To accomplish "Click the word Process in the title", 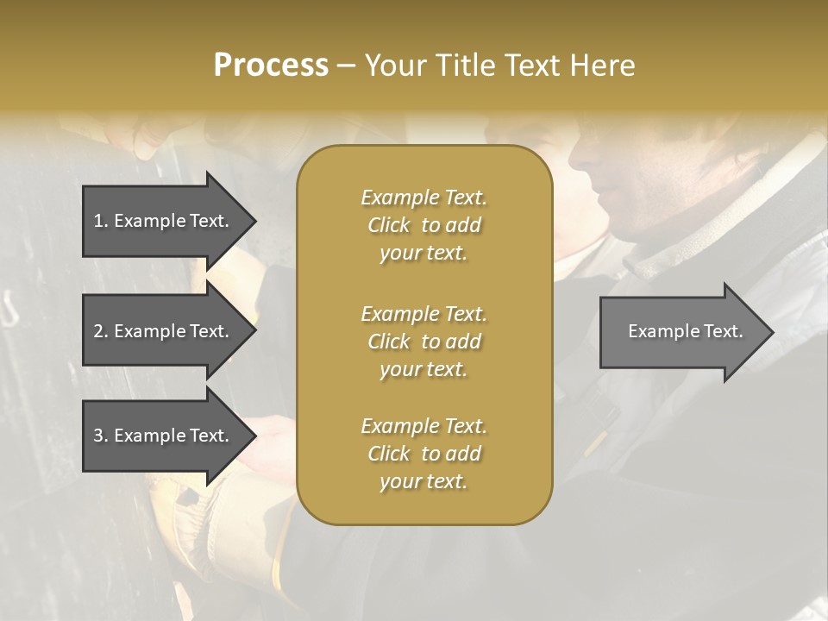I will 271,66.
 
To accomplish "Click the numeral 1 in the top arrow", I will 98,221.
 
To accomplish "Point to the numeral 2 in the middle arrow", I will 99,331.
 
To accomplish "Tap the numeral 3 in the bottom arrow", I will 99,436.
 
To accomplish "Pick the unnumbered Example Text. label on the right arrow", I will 685,331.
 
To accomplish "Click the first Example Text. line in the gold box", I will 423,198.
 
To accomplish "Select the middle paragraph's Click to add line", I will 423,342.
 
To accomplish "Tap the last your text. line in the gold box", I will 423,481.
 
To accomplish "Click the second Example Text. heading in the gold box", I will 423,313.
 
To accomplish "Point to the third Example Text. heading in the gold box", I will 423,426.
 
